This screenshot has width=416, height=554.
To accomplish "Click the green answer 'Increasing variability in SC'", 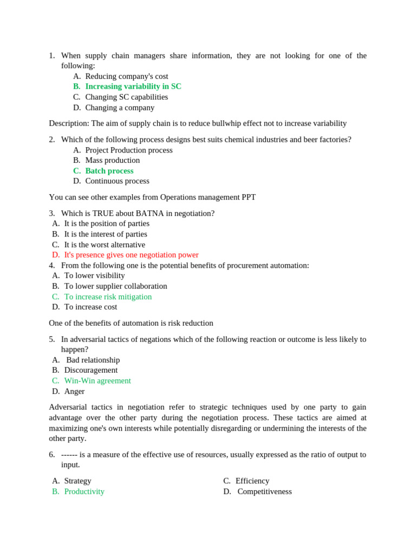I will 133,87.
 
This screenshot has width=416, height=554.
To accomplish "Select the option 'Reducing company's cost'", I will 126,76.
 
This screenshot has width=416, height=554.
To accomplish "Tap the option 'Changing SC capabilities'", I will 126,97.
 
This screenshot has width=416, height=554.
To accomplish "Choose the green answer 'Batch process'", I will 109,171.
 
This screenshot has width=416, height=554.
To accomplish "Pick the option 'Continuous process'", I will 117,181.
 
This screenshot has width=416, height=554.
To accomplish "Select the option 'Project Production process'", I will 129,150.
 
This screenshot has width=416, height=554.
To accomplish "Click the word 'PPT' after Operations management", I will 249,197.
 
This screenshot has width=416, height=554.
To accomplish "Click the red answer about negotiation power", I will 131,255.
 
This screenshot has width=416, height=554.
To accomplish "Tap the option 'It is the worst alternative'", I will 105,245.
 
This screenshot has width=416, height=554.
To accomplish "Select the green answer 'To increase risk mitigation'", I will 108,296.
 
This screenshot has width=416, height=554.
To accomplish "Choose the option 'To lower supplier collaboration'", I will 115,286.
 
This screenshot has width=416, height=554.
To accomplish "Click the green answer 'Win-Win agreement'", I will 97,381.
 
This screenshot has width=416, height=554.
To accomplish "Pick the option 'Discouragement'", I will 90,370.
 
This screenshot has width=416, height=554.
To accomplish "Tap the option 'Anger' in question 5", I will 74,391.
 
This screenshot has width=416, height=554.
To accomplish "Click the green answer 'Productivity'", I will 84,491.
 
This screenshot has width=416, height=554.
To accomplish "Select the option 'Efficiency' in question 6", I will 252,481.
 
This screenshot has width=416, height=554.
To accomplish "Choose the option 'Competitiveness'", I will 264,491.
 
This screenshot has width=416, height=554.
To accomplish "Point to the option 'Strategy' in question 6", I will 77,481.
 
